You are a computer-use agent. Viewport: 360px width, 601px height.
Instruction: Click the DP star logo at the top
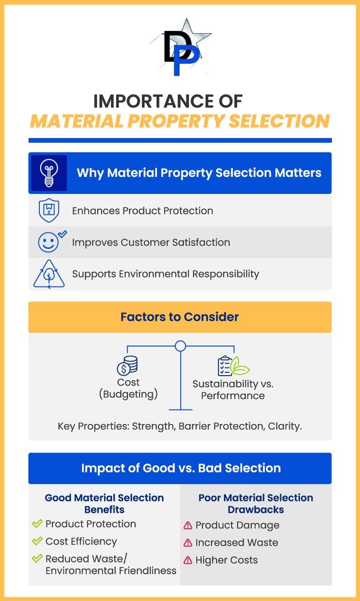tap(180, 47)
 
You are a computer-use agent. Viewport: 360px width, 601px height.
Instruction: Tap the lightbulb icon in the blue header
tap(49, 173)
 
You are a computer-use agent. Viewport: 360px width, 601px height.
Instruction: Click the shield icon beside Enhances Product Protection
tap(49, 210)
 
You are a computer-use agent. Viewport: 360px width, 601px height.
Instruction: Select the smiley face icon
tap(48, 242)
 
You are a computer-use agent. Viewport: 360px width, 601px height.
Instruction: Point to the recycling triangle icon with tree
tap(49, 274)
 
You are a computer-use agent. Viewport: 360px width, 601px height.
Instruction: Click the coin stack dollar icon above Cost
tap(127, 366)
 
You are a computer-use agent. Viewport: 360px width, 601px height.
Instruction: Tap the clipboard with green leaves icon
tap(233, 365)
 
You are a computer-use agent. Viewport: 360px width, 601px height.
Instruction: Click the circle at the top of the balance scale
tap(181, 346)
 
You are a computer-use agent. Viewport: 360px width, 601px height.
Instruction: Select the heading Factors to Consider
tap(180, 317)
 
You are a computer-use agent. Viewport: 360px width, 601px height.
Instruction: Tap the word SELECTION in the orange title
tap(279, 121)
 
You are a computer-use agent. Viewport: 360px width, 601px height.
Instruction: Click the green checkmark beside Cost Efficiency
tap(37, 540)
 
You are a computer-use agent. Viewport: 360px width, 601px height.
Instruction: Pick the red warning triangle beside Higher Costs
tap(188, 560)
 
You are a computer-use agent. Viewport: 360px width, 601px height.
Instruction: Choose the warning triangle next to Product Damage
tap(188, 525)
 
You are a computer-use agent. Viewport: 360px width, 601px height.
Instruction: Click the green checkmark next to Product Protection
tap(37, 523)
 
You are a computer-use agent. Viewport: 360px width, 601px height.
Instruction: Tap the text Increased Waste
tap(237, 542)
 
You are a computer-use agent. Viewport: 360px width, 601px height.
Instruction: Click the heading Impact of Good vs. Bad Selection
tap(181, 468)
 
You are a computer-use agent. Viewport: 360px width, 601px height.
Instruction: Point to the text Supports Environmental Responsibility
tap(166, 274)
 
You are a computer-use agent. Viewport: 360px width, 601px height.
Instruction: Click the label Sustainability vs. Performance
tap(233, 390)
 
